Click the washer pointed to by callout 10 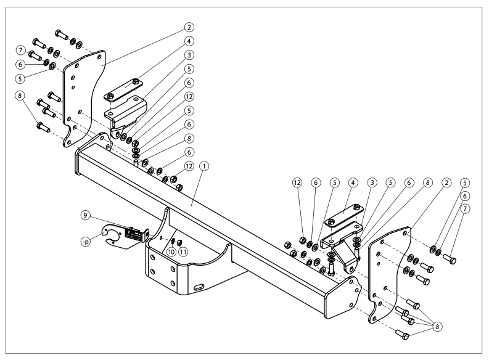coord(173,240)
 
